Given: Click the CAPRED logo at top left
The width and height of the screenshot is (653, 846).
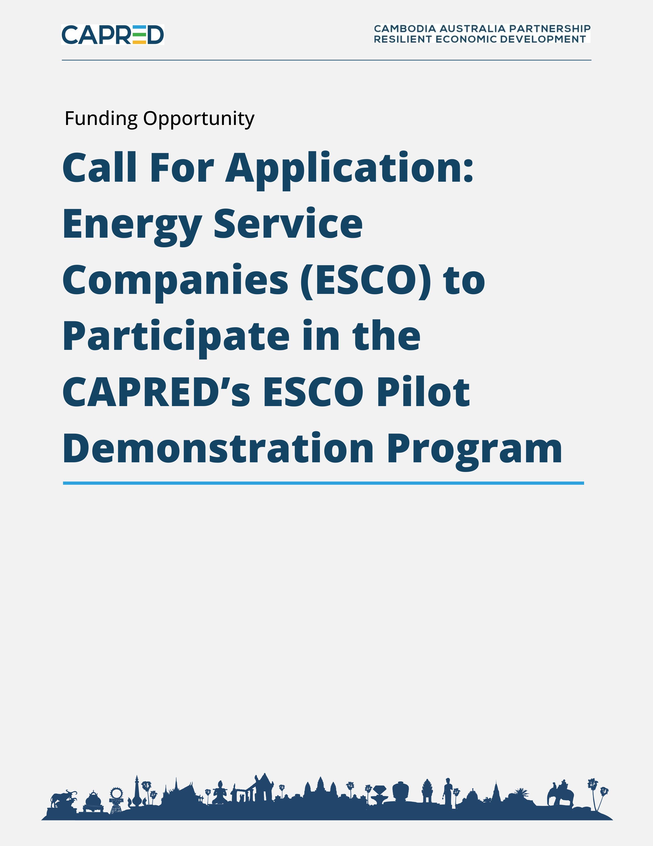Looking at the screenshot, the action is click(113, 34).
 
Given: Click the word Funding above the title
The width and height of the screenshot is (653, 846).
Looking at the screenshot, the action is click(101, 118).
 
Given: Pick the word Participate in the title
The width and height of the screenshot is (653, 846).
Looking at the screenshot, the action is click(176, 337).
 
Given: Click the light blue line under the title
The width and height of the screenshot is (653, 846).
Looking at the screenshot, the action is click(323, 483).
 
